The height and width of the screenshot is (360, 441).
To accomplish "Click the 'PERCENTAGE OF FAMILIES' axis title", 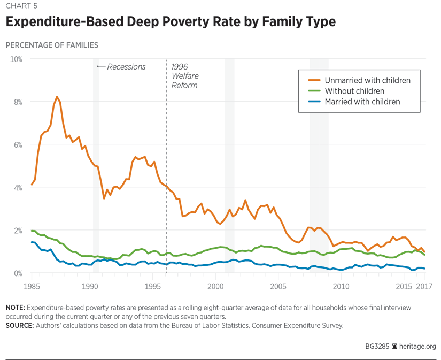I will tap(52, 45).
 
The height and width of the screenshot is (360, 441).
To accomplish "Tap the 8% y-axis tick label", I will tap(17, 102).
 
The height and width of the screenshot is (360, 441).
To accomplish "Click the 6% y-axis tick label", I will tap(17, 144).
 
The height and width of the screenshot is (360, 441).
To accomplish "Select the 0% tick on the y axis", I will tap(17, 273).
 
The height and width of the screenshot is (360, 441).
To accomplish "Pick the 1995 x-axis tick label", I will tap(153, 286).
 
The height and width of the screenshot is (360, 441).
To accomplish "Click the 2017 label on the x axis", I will tap(424, 286).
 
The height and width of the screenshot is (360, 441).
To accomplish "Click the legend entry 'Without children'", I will tap(354, 91).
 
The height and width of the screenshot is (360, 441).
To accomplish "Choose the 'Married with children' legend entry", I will tap(362, 102).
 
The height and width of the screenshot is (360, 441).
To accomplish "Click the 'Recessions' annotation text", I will tap(126, 67).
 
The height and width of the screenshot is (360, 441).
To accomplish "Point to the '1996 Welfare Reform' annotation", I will tap(184, 76).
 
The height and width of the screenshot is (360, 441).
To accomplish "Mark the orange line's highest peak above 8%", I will tap(57, 97).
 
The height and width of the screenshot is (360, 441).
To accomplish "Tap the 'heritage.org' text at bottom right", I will tap(417, 346).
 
